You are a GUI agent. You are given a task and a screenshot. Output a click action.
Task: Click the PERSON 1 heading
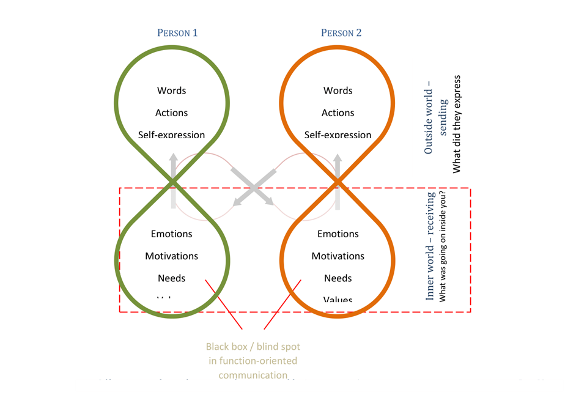[177, 33]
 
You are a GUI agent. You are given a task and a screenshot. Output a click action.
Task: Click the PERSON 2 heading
[341, 33]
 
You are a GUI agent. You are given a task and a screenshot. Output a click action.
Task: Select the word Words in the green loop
[171, 91]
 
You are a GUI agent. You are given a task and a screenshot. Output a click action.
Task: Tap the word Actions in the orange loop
[338, 113]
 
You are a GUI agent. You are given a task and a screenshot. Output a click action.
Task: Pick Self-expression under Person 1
[171, 135]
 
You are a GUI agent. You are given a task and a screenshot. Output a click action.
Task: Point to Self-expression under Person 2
[338, 135]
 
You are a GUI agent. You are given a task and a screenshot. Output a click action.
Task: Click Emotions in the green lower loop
[171, 234]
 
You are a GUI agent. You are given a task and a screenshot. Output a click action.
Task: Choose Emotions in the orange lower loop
[338, 234]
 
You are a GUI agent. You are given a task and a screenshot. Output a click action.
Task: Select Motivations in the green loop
[171, 256]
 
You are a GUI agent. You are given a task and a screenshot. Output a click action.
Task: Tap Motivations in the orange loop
[338, 256]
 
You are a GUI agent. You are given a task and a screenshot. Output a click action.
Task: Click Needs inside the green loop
[171, 278]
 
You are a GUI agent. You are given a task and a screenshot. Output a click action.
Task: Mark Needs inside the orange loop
[338, 278]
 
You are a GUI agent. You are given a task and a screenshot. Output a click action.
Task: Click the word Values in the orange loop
[338, 300]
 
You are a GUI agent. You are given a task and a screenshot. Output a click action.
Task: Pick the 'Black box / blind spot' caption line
[261, 347]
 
